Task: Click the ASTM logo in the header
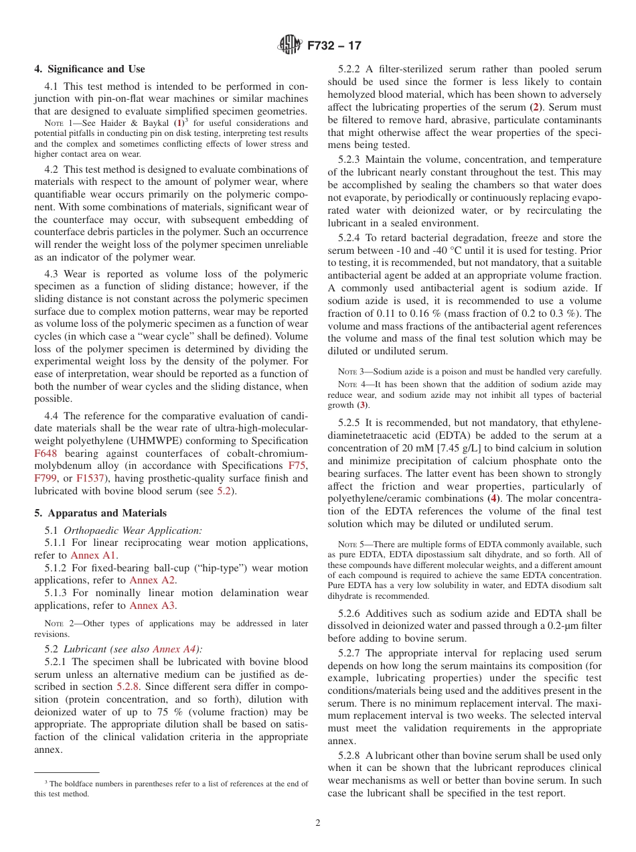(x=290, y=46)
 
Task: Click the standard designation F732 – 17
(x=334, y=46)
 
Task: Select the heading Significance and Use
(x=89, y=69)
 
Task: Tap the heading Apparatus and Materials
(x=100, y=513)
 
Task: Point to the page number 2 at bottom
(x=318, y=823)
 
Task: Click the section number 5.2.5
(x=351, y=423)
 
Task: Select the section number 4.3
(x=52, y=274)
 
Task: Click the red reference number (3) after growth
(x=362, y=405)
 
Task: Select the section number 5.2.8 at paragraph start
(x=351, y=756)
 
